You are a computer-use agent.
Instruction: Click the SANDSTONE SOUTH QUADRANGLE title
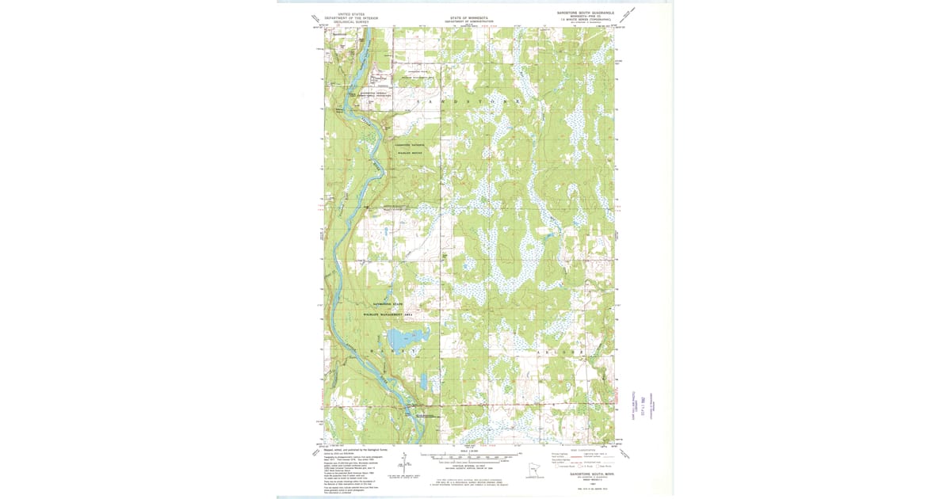(585, 13)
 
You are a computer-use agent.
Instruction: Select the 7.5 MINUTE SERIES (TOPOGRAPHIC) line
(585, 20)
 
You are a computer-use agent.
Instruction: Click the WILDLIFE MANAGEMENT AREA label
(388, 314)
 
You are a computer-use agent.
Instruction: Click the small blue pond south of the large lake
(424, 383)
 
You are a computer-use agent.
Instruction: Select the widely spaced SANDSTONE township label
(468, 104)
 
